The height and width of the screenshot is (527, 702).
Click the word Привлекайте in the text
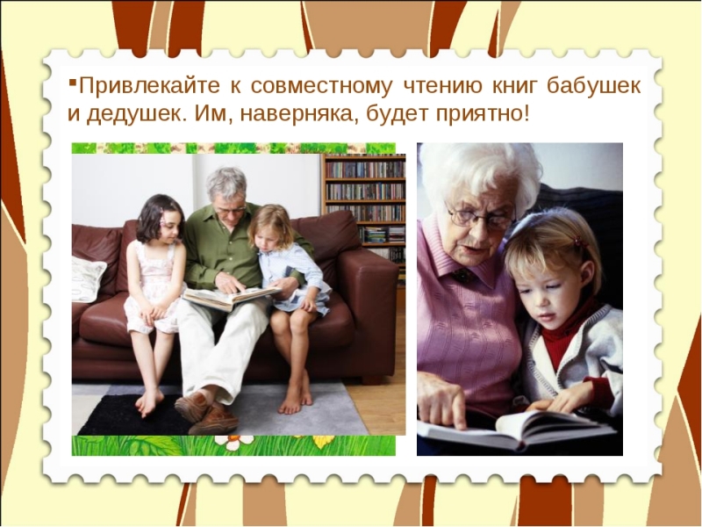click(149, 85)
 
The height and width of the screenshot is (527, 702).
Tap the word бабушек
click(594, 85)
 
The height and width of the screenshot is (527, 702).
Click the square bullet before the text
click(72, 82)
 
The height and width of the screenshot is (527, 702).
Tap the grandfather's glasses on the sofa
click(229, 210)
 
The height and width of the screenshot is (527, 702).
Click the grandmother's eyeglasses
click(480, 219)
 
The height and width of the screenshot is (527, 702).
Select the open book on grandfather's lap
click(231, 298)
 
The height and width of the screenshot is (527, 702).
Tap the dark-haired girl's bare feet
click(149, 401)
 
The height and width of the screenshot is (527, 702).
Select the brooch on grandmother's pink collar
click(462, 276)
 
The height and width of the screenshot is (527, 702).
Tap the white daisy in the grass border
click(232, 443)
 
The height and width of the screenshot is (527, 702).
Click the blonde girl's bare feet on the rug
click(295, 400)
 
